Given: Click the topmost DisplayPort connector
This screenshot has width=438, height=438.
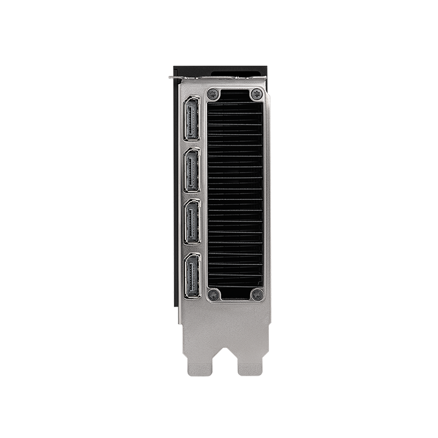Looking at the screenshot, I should [x=192, y=119].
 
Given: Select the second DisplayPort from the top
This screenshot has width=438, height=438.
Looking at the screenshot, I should [x=192, y=170].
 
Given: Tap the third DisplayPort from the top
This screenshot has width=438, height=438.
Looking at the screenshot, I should [x=192, y=221].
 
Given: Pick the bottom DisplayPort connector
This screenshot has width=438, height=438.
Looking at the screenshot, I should [x=192, y=275].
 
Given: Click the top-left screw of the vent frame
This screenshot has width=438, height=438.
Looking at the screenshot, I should [x=214, y=94].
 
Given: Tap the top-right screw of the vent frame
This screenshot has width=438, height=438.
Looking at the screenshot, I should [x=256, y=94].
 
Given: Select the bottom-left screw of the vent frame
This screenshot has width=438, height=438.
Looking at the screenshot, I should [x=214, y=295].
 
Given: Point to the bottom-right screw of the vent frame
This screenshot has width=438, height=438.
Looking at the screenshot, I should [x=256, y=295].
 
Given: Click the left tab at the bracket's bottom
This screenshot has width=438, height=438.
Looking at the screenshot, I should [x=200, y=367].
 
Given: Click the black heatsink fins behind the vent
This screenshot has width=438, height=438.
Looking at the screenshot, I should [x=235, y=192].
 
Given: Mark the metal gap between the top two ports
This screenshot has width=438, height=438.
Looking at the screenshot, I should [x=192, y=145].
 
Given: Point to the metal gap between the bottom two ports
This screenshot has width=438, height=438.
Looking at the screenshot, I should [x=192, y=249].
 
